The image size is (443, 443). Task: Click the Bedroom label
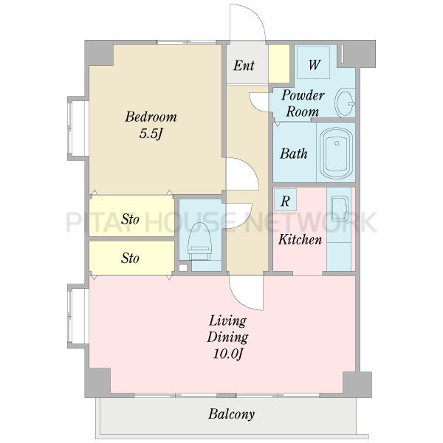pyautogui.click(x=151, y=117)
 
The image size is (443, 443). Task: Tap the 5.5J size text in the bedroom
pyautogui.click(x=151, y=134)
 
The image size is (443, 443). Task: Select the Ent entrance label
pyautogui.click(x=244, y=65)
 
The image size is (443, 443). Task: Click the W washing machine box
pyautogui.click(x=314, y=62)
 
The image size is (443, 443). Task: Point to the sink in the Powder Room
pyautogui.click(x=345, y=103)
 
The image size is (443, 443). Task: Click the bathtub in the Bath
pyautogui.click(x=336, y=153)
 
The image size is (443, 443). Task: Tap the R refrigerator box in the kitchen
pyautogui.click(x=285, y=200)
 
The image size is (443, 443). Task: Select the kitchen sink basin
pyautogui.click(x=340, y=208)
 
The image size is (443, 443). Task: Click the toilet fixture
pyautogui.click(x=200, y=241)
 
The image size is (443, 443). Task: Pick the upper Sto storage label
pyautogui.click(x=130, y=219)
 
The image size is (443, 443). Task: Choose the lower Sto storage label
pyautogui.click(x=130, y=258)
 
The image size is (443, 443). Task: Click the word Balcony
pyautogui.click(x=231, y=414)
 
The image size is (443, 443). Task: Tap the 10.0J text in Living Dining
pyautogui.click(x=227, y=354)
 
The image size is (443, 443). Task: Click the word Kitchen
pyautogui.click(x=300, y=239)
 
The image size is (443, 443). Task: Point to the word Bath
pyautogui.click(x=294, y=154)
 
